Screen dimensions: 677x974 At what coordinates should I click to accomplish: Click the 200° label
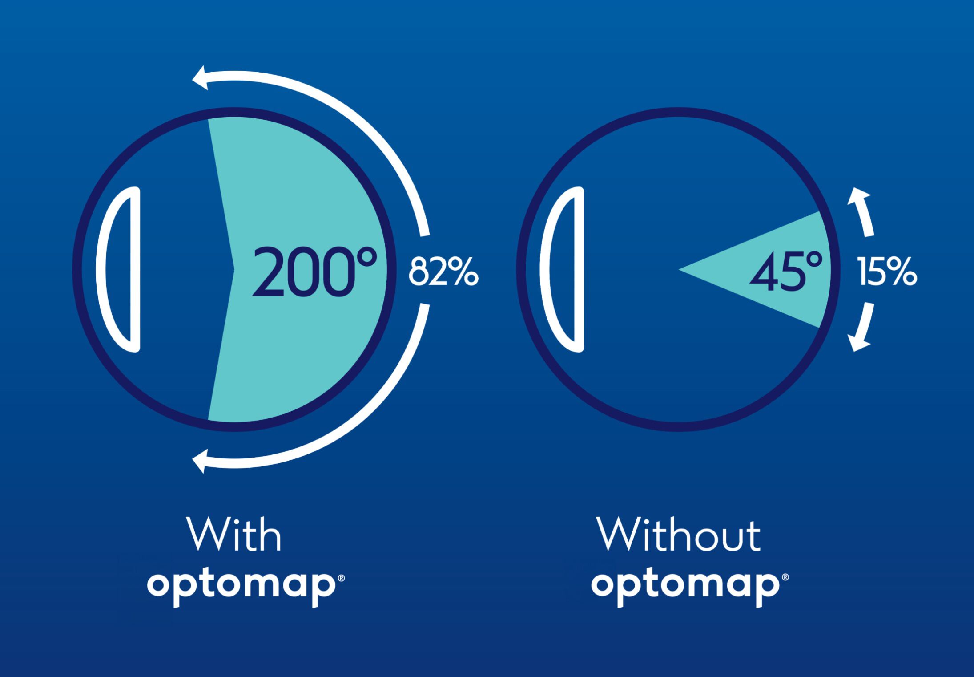[x=314, y=271]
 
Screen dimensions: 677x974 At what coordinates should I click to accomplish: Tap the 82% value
[x=443, y=271]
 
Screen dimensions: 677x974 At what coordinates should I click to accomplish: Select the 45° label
[x=785, y=271]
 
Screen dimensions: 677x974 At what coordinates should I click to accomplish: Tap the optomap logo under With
[x=241, y=587]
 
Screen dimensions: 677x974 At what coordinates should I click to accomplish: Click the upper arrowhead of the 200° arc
[x=201, y=78]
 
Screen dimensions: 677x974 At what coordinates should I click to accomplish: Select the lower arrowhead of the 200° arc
[x=201, y=461]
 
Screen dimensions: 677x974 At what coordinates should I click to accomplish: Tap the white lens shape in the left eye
[x=119, y=270]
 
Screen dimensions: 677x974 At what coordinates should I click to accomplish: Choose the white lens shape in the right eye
[x=563, y=270]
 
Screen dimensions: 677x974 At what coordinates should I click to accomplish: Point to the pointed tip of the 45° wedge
[x=681, y=269]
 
